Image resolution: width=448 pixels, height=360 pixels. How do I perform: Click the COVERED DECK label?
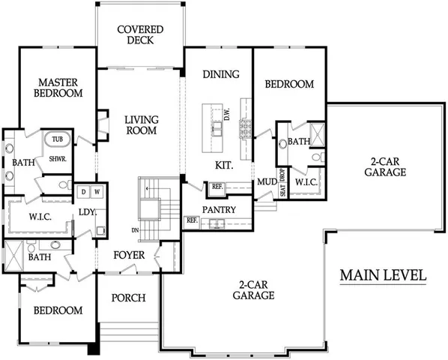coord(140,34)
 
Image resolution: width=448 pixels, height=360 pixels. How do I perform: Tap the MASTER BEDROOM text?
coord(59,87)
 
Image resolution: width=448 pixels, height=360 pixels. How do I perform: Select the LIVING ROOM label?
coord(139,124)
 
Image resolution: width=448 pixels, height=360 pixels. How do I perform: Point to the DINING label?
coord(221,74)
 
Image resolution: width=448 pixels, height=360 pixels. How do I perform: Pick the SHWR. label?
coord(58,159)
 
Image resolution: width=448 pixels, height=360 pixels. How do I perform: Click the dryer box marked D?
coord(84,191)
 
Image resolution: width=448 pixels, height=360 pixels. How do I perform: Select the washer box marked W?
coord(97,191)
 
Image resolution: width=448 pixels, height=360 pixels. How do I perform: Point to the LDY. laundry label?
coord(86,212)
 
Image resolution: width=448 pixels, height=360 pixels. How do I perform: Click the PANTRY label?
coord(220,209)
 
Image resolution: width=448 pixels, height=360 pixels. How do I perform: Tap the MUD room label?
coord(266,181)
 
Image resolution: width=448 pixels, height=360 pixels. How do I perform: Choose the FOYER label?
coord(129,254)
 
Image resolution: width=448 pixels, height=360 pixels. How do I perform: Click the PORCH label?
coord(128,298)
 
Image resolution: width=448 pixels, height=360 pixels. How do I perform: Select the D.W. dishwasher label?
coord(226,115)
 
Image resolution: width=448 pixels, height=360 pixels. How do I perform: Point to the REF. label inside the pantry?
coord(191,220)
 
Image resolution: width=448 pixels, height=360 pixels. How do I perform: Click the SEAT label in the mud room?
coord(282,190)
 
